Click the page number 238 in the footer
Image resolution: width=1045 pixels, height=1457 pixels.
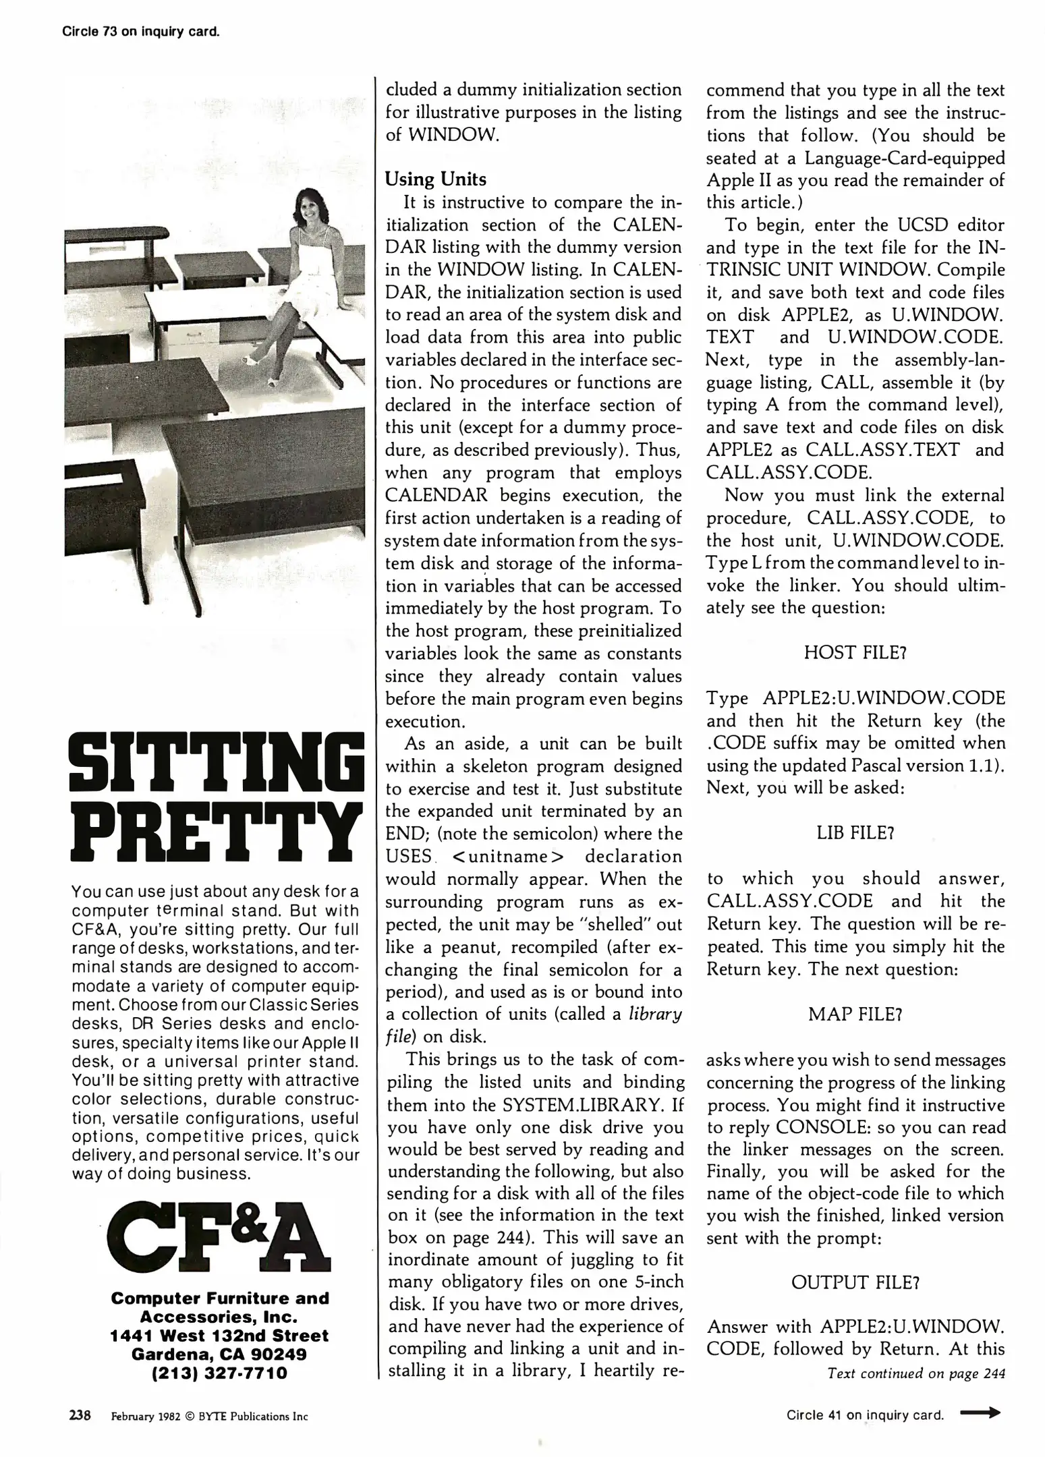pos(80,1415)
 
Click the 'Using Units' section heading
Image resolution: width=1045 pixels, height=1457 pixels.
pos(435,179)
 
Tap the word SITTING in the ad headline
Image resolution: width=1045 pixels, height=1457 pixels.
pos(217,764)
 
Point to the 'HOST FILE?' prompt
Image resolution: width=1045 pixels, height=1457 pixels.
pos(855,652)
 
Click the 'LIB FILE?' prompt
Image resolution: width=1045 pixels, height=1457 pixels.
pos(855,832)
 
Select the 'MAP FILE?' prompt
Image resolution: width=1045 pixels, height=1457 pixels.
pos(855,1014)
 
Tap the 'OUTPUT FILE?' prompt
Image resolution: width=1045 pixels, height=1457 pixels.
pos(855,1282)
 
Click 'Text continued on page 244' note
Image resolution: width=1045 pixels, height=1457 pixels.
pos(916,1373)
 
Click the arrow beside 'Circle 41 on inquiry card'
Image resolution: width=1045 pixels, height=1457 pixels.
pos(980,1414)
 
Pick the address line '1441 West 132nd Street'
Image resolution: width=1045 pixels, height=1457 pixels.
pos(219,1336)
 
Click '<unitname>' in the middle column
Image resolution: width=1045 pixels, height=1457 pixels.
pos(508,857)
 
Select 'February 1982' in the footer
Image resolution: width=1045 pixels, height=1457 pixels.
pos(146,1416)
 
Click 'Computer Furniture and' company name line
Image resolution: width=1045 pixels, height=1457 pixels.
pos(219,1298)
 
